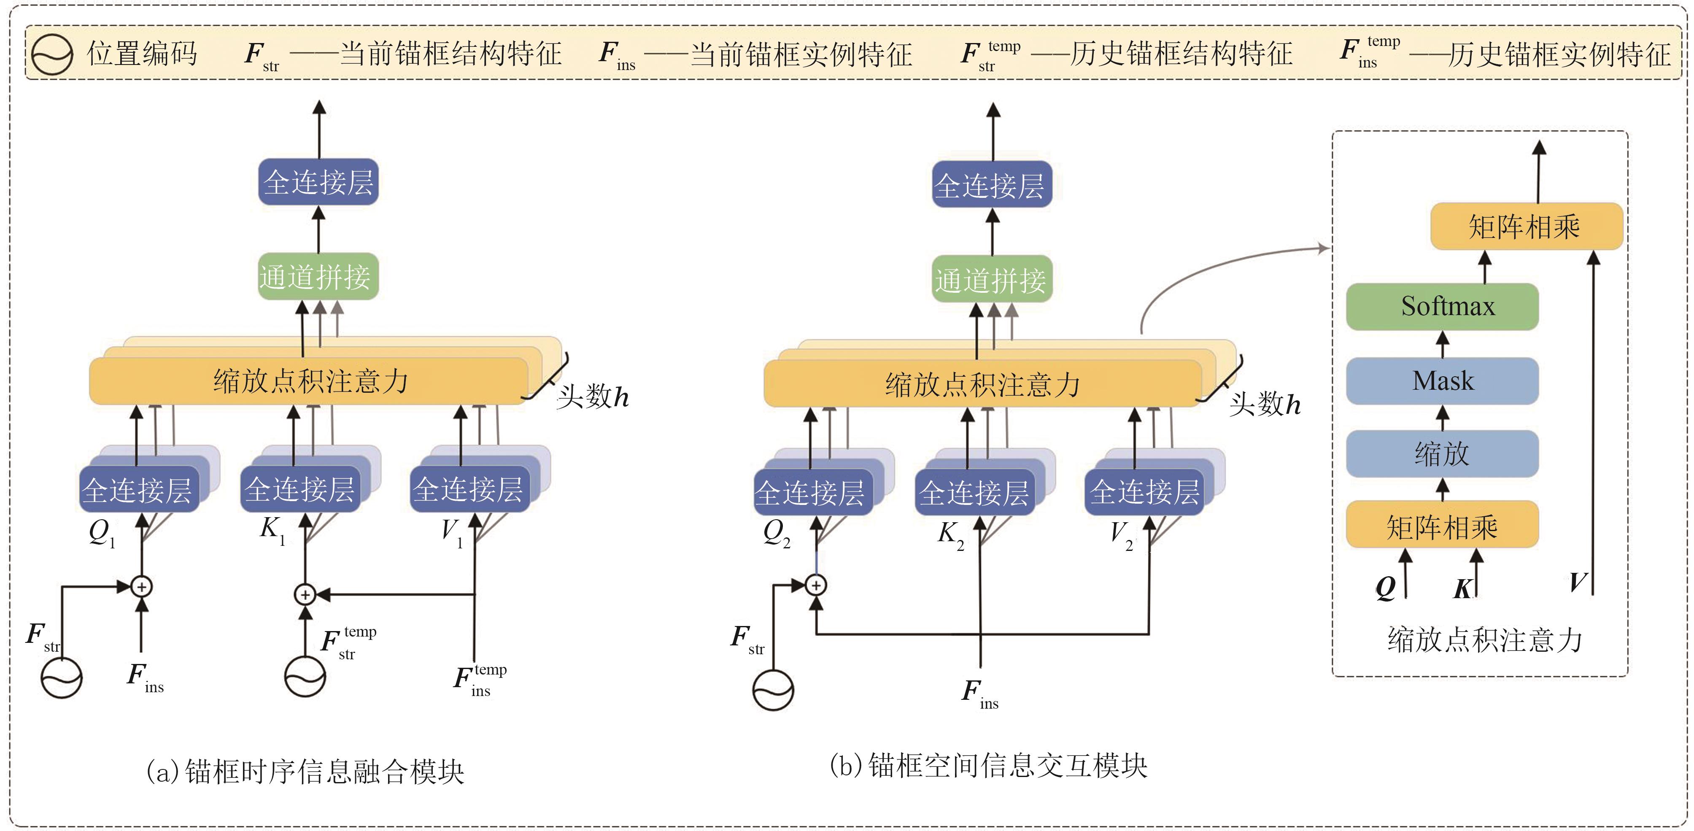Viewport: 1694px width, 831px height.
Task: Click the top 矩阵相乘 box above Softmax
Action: click(x=1526, y=226)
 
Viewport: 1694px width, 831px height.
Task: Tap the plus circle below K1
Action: click(x=305, y=594)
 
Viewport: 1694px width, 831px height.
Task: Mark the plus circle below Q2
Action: click(x=815, y=585)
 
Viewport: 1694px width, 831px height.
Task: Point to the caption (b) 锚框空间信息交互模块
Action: click(x=988, y=766)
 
